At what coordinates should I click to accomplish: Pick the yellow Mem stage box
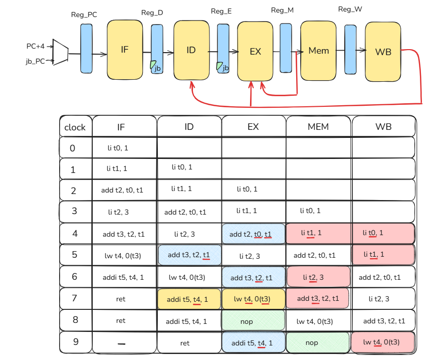[318, 50]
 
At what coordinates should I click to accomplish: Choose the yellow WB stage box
[383, 51]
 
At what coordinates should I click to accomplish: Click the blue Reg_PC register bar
[87, 49]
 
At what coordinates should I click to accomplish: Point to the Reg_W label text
[350, 10]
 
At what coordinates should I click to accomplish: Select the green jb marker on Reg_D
[153, 65]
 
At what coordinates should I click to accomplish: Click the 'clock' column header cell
[75, 127]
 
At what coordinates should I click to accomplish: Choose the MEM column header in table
[318, 127]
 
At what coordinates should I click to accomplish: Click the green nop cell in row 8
[253, 321]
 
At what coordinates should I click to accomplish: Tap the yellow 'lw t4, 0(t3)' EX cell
[253, 299]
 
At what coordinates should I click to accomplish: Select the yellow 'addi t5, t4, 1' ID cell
[188, 299]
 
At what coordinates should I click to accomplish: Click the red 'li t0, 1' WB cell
[383, 234]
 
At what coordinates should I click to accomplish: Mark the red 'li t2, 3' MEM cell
[318, 277]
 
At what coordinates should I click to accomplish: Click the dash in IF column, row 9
[121, 343]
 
